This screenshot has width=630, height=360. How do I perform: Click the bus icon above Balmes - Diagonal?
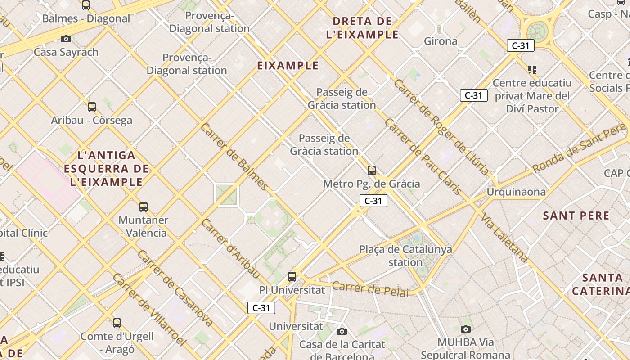click(85, 5)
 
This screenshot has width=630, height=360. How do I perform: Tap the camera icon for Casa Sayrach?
click(66, 39)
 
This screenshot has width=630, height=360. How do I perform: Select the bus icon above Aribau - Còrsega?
click(92, 107)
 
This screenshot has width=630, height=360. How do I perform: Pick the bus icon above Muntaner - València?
click(144, 207)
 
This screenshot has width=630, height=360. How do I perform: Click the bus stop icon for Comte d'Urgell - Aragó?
click(117, 323)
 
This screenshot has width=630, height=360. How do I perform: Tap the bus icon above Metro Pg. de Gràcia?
click(372, 171)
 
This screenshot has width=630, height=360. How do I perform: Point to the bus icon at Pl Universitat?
click(292, 276)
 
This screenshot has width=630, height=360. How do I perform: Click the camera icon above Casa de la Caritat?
click(342, 332)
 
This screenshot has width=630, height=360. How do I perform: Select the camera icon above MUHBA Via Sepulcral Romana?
click(466, 329)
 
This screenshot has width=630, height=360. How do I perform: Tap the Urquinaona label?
click(516, 192)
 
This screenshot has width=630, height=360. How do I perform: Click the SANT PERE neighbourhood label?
click(576, 216)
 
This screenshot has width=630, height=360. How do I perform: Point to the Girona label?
click(441, 41)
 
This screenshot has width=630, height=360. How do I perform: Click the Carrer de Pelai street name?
click(370, 289)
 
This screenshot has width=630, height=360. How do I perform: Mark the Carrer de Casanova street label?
click(175, 288)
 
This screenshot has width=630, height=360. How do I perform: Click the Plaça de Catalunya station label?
click(405, 256)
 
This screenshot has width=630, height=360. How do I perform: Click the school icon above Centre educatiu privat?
click(532, 69)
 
